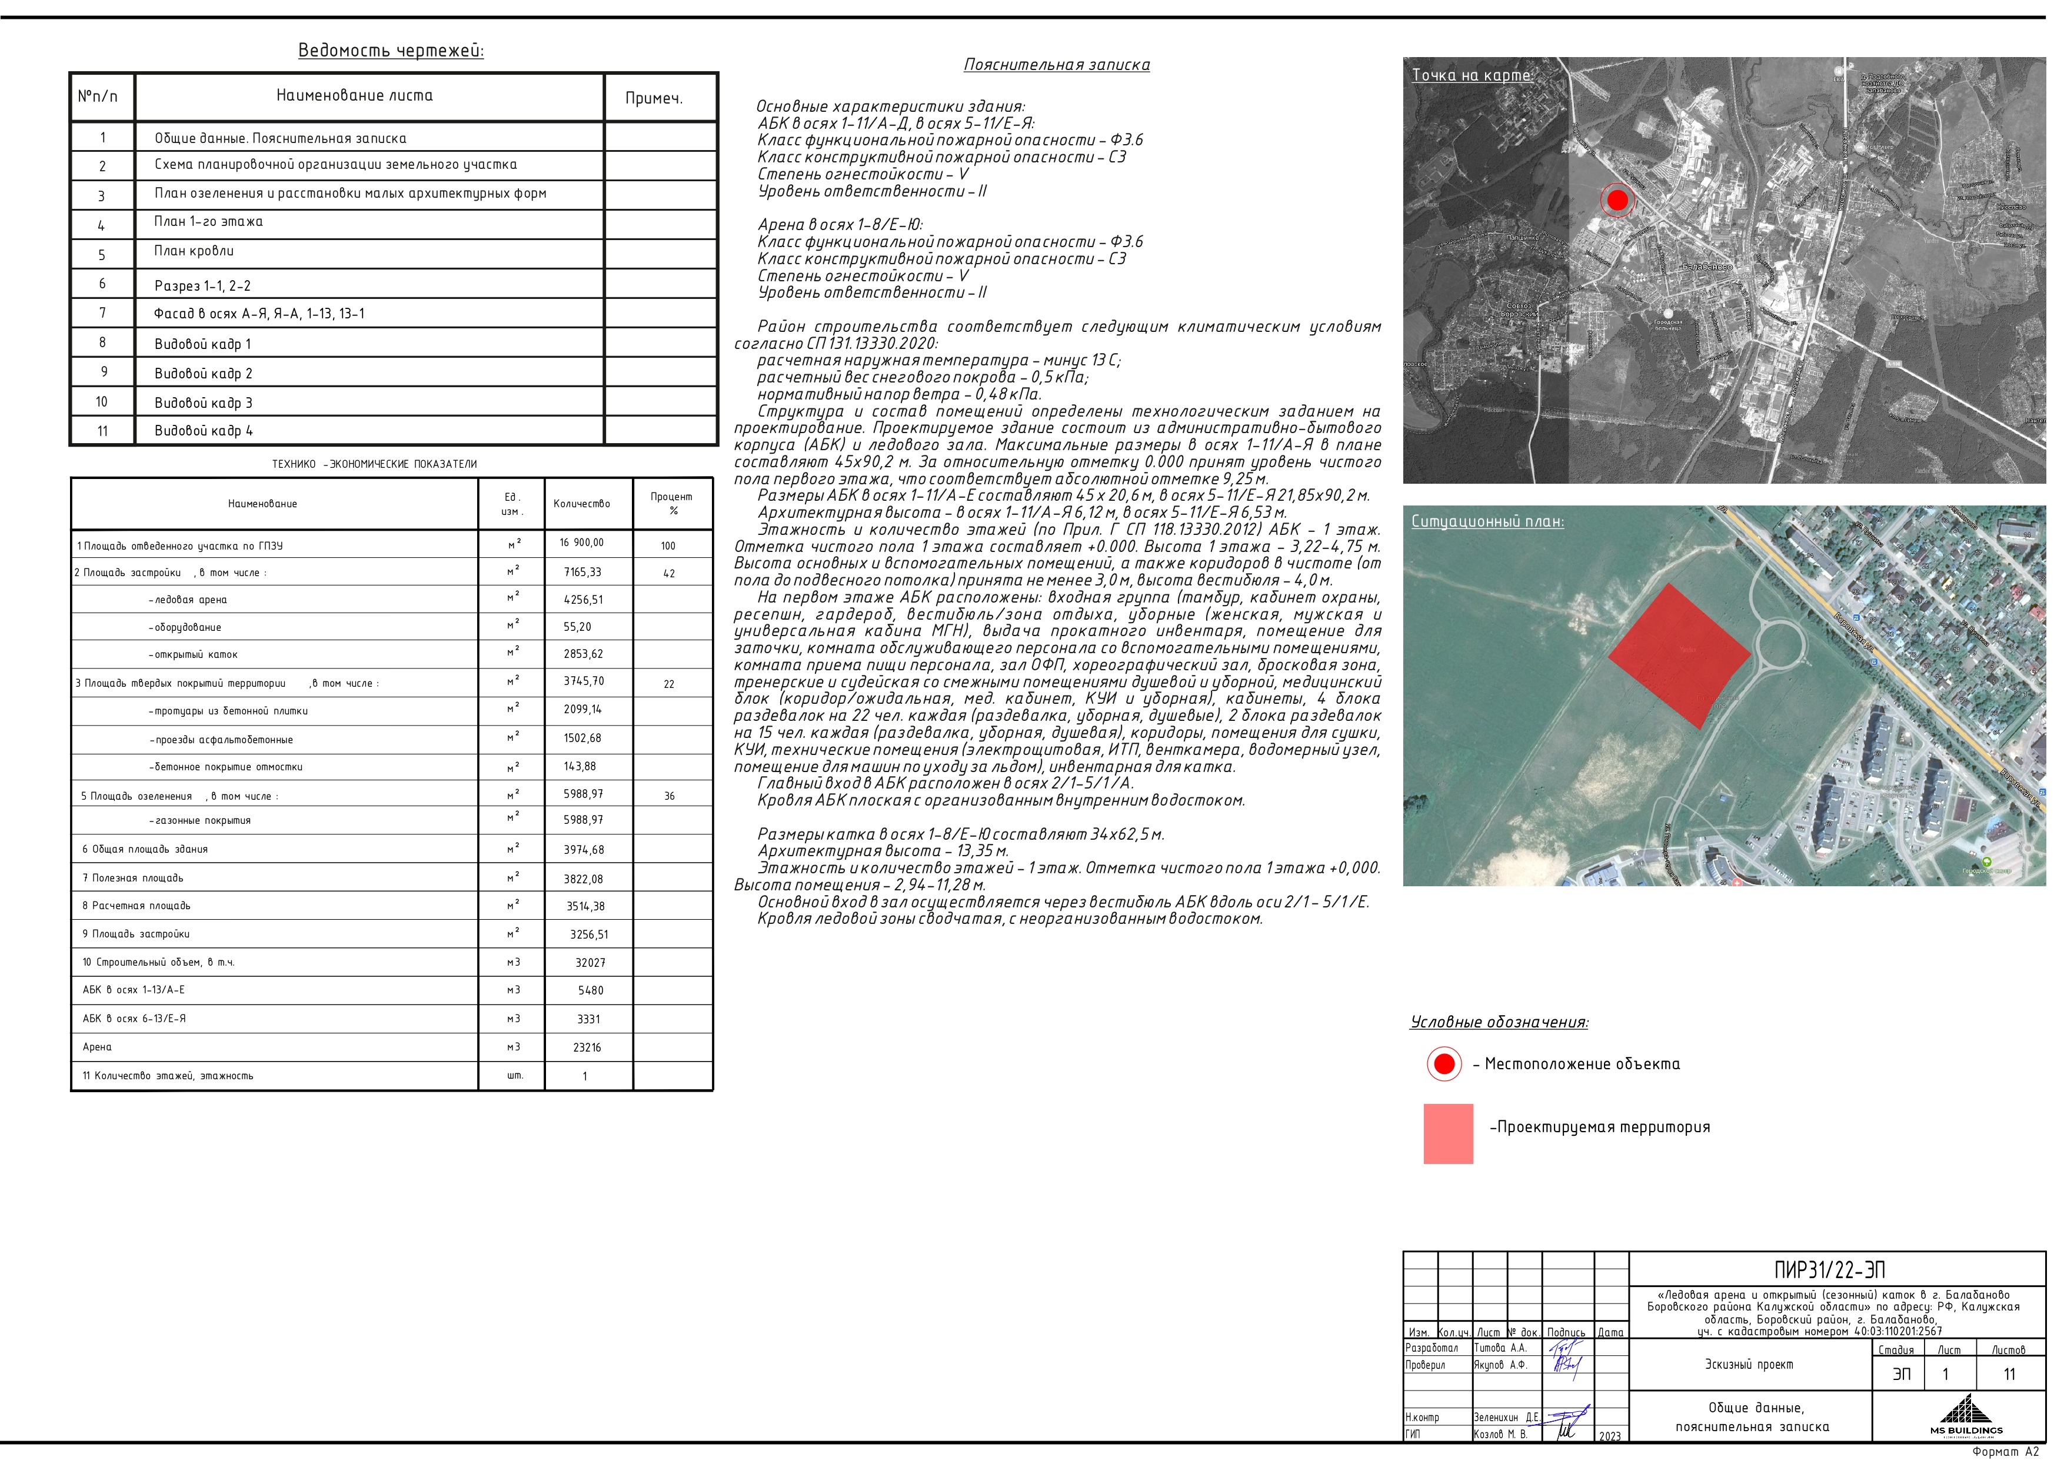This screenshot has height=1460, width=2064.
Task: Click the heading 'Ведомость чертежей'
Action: (391, 51)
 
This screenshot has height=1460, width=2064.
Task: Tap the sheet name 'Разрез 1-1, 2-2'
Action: (202, 286)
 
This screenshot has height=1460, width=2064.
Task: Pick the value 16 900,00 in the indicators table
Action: (582, 543)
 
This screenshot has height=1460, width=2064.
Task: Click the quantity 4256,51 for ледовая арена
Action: (584, 600)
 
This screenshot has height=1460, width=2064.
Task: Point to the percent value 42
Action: (669, 574)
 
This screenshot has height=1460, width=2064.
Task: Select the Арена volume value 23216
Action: (587, 1047)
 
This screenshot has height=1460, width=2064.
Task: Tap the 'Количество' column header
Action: (582, 504)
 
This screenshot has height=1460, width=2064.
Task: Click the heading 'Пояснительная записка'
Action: (1056, 65)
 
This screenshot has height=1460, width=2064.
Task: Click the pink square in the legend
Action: (1448, 1133)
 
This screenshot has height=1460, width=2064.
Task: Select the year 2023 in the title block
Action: (1610, 1436)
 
